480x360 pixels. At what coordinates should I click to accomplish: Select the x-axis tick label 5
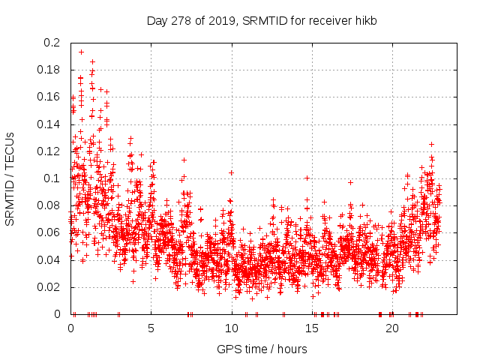(x=151, y=328)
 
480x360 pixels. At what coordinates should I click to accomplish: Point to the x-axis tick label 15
(x=311, y=328)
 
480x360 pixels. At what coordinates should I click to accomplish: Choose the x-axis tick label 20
(x=391, y=328)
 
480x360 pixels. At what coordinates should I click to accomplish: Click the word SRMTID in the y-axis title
(x=10, y=195)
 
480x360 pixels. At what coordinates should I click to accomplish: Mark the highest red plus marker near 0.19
(x=81, y=52)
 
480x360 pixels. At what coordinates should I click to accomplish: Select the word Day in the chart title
(x=157, y=20)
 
